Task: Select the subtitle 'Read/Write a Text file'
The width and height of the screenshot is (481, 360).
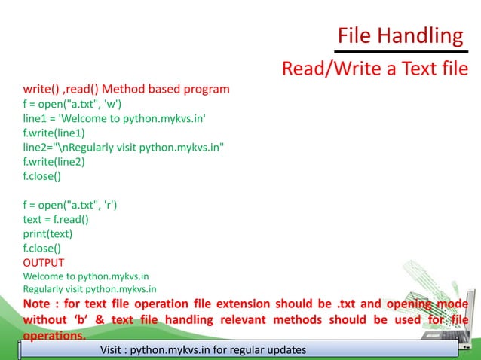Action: [x=374, y=69]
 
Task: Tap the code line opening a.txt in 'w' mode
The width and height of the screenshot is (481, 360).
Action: [x=72, y=104]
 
